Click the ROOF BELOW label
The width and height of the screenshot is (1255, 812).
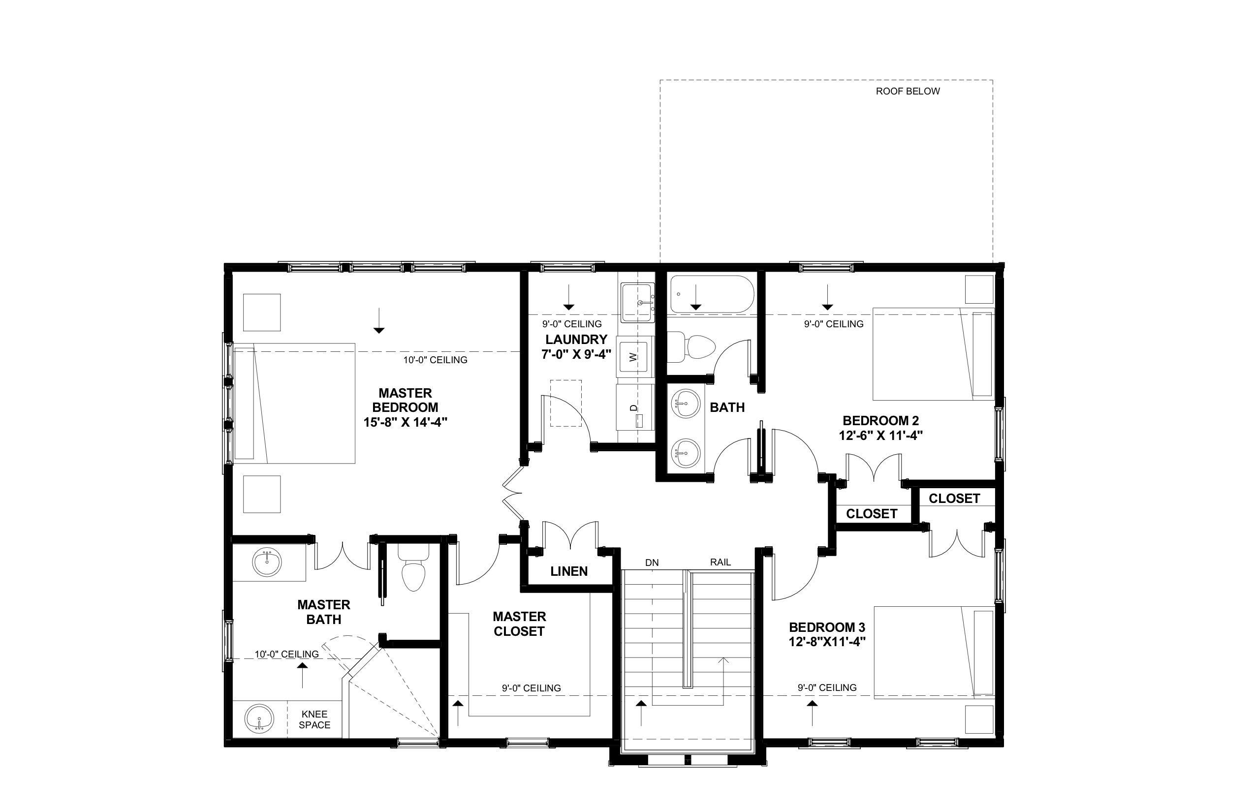point(908,91)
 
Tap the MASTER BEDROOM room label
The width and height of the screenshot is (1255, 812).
point(405,400)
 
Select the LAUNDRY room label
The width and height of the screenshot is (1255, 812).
point(576,340)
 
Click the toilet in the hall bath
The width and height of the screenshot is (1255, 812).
point(691,346)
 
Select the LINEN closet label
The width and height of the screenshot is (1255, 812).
point(569,571)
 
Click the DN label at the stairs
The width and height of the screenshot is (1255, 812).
point(652,562)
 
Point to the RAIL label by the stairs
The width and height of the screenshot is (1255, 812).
point(721,562)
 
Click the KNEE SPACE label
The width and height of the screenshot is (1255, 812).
point(315,719)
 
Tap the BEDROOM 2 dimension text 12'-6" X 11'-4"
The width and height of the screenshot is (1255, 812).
point(880,436)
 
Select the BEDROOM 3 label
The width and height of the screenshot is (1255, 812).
point(827,627)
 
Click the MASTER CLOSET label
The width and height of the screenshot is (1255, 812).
point(519,624)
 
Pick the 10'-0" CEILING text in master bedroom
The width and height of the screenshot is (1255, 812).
point(435,360)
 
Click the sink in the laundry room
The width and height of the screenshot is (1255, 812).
point(637,303)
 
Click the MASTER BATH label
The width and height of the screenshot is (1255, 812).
point(324,612)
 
